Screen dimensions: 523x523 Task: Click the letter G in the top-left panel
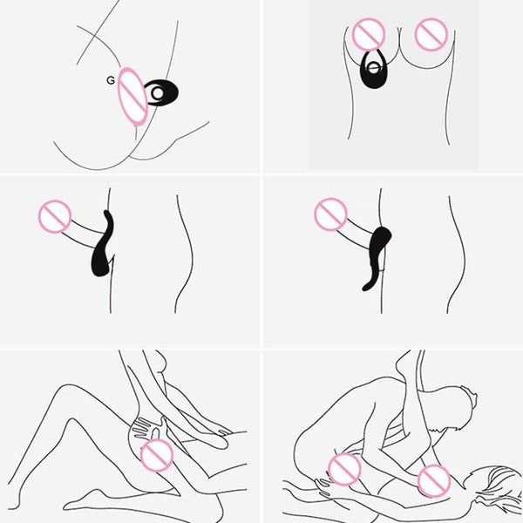tap(110, 80)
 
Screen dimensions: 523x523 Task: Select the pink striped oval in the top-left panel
tap(132, 96)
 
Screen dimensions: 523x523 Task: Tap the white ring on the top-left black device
tap(157, 92)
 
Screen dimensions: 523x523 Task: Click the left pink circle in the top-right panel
tap(369, 35)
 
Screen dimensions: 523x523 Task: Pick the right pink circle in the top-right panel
tap(430, 35)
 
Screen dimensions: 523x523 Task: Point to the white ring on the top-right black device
tap(375, 65)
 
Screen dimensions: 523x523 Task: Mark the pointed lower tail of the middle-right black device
tap(367, 285)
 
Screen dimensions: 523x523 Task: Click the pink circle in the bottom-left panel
tap(157, 455)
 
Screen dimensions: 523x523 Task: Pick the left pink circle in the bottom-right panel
tap(344, 470)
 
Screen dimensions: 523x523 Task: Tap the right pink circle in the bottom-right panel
tap(434, 479)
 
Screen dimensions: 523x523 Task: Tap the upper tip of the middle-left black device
tap(107, 214)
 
